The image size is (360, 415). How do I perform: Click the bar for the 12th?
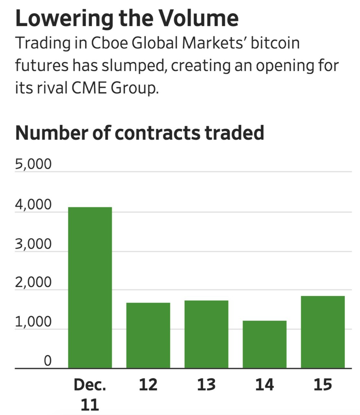click(148, 335)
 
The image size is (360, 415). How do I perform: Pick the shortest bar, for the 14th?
click(264, 344)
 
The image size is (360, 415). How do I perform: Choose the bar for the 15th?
click(323, 332)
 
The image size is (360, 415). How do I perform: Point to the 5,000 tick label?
click(33, 164)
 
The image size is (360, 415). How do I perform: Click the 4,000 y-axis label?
click(33, 205)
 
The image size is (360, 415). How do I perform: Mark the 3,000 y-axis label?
click(33, 244)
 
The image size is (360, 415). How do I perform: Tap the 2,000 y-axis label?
click(33, 283)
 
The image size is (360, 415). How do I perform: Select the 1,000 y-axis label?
click(33, 322)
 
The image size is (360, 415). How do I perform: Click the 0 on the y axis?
click(47, 361)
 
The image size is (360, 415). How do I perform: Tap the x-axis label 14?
click(264, 385)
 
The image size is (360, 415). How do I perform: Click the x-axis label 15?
click(323, 385)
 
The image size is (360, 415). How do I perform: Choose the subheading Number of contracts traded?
click(140, 133)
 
